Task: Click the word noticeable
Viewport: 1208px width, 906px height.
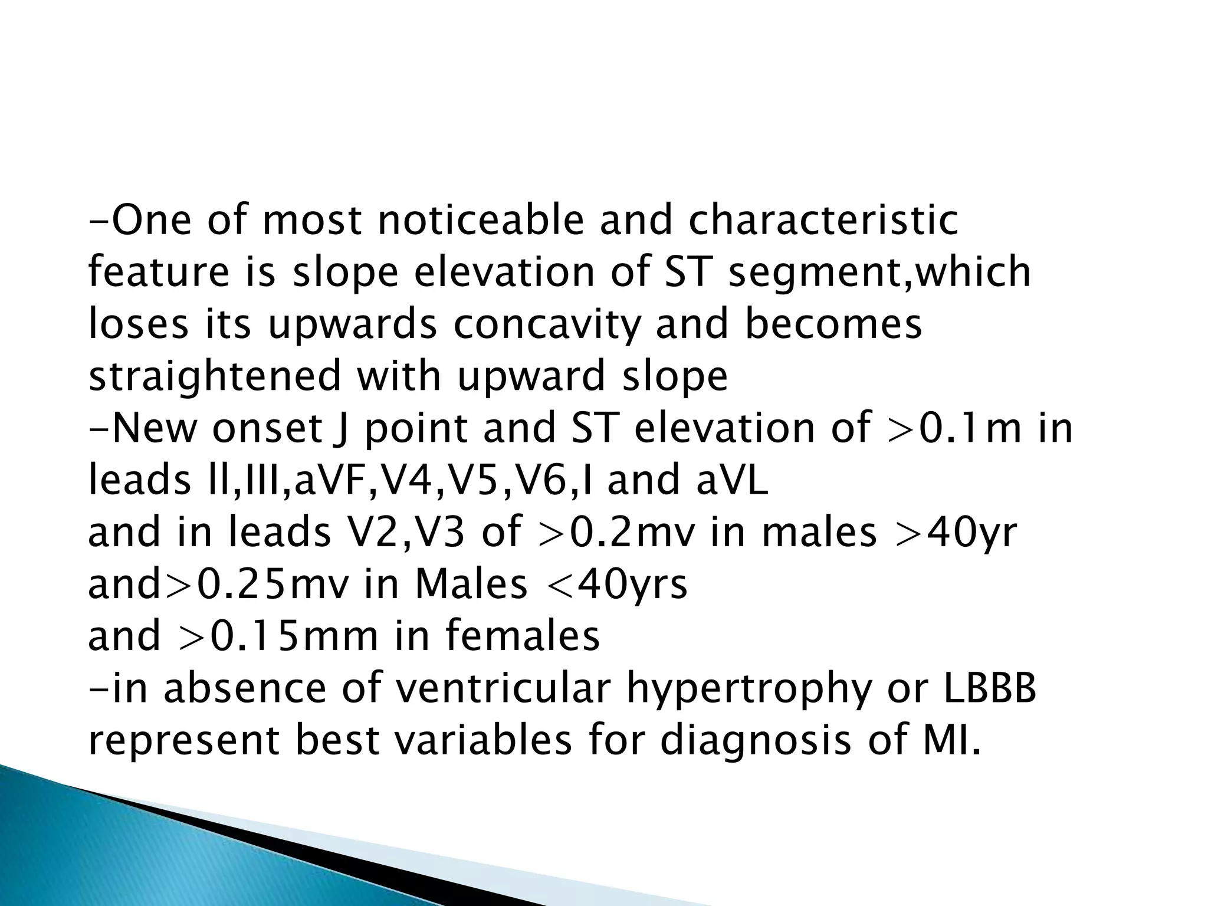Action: [480, 221]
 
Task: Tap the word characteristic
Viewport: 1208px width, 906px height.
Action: [823, 221]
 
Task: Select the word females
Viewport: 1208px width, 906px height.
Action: [522, 636]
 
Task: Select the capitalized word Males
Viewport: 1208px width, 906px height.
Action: [471, 585]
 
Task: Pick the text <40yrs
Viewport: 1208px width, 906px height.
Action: [618, 585]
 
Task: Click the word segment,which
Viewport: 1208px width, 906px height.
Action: [879, 273]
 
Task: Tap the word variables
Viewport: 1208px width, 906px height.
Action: [482, 740]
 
